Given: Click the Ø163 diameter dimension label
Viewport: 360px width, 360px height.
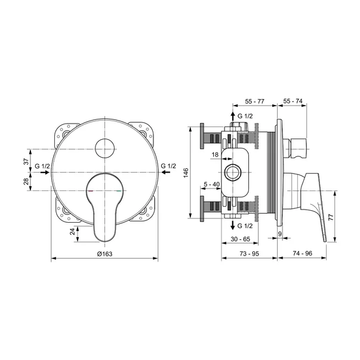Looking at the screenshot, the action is click(104, 254).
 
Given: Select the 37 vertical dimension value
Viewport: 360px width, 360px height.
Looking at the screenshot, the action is click(27, 161).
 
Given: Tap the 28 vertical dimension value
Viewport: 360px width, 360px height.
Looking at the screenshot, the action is click(27, 181).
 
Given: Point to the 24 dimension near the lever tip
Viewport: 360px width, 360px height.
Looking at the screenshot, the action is click(73, 231).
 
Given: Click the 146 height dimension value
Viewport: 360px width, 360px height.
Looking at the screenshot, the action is click(186, 173).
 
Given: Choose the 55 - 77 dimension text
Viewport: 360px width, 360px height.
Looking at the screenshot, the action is click(254, 101).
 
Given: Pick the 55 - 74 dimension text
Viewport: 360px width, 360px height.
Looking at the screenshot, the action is click(293, 101).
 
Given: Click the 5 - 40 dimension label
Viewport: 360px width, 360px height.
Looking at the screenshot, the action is click(212, 184).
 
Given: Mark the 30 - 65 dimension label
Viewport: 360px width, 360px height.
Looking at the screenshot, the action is click(240, 239).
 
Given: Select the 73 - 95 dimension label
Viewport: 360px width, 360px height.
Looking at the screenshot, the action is click(249, 254).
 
